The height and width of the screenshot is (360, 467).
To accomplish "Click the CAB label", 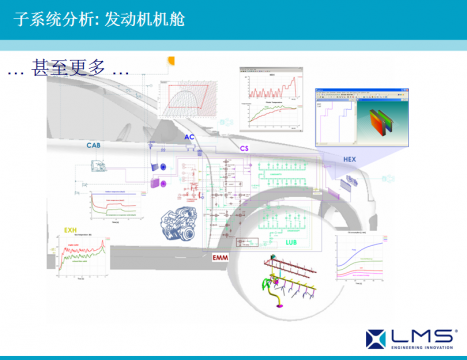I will point(94,146).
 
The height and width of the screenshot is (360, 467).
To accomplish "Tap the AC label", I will point(189,138).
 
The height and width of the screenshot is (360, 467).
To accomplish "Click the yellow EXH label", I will point(70,230).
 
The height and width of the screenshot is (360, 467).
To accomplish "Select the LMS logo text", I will point(413,336).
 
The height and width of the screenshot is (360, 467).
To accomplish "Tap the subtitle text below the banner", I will point(68,71).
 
